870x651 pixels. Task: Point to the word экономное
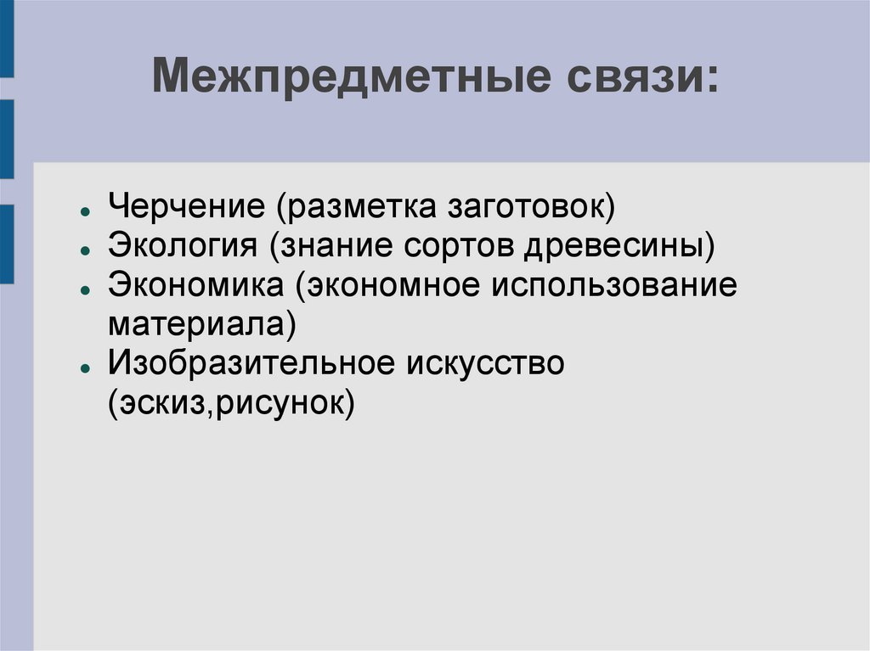coord(387,285)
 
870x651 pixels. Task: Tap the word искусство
coord(485,363)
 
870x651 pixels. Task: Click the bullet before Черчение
coord(85,210)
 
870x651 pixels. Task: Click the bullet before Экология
coord(85,250)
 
